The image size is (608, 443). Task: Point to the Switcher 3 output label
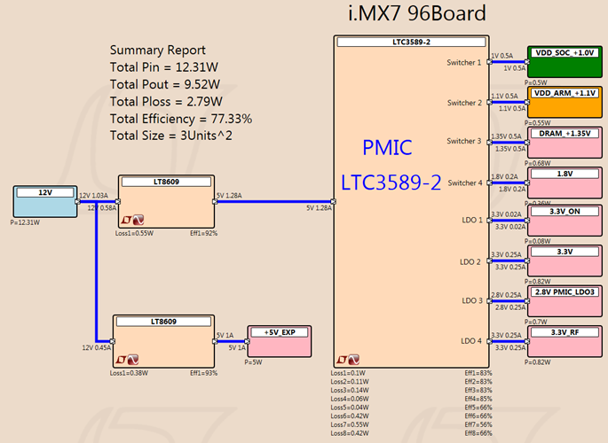(464, 142)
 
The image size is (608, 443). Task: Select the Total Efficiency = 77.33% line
(180, 118)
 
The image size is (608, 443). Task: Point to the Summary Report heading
(157, 51)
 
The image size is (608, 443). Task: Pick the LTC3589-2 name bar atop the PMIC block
(410, 42)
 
